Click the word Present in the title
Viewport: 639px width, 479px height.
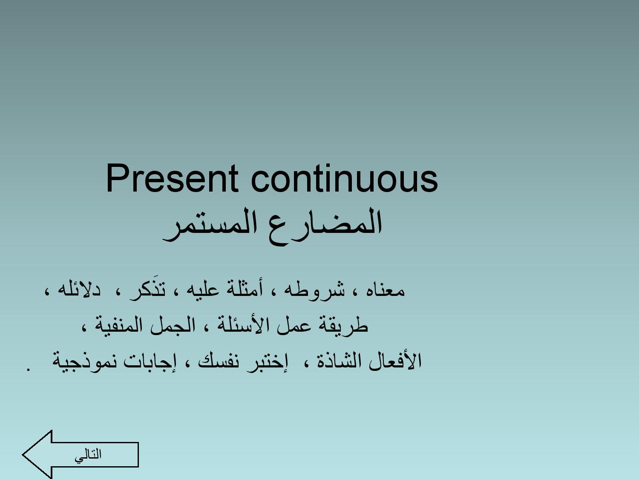172,178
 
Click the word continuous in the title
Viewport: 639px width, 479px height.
344,178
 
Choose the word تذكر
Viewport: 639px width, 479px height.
147,289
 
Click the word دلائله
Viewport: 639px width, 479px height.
79,289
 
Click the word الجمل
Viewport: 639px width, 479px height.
173,325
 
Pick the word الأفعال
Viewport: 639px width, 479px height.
395,361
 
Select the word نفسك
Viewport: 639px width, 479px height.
219,361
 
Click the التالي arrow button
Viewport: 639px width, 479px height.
81,455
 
